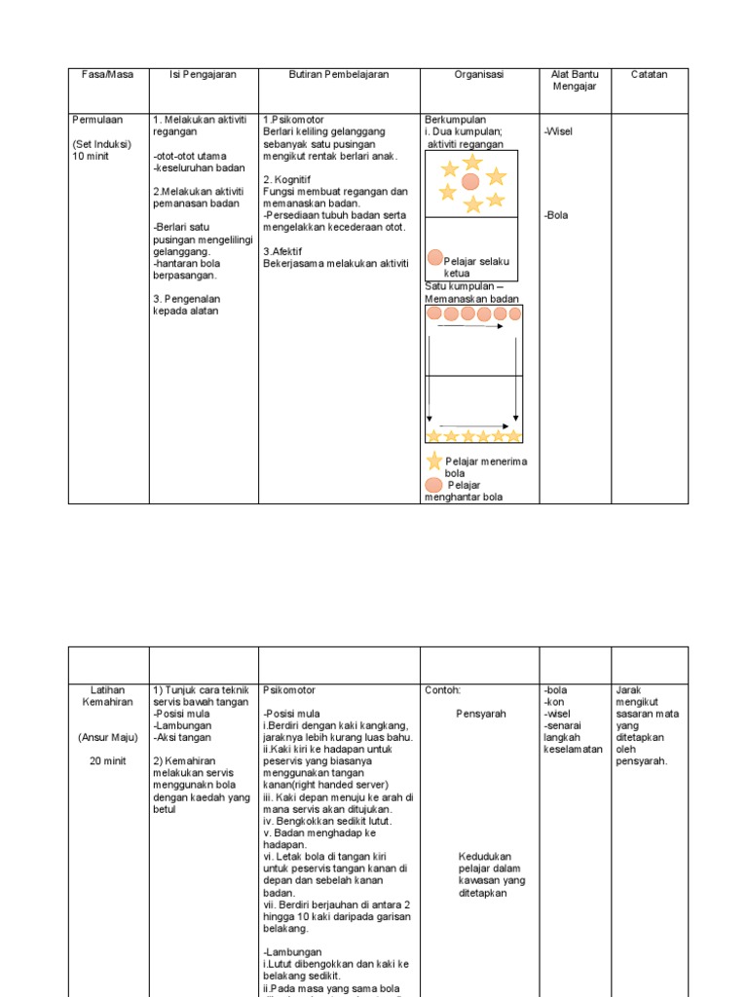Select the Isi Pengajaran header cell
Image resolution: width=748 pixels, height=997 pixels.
[203, 75]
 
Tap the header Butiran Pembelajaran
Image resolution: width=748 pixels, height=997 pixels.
[338, 75]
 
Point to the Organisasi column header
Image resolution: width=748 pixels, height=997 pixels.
[478, 75]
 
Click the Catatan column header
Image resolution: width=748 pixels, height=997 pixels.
[649, 75]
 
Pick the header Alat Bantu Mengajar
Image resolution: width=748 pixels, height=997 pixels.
[575, 81]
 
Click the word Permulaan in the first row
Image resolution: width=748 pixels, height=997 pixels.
[98, 120]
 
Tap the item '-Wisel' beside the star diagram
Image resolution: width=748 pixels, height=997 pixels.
[559, 131]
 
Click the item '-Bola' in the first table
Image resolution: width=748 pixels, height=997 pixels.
[557, 215]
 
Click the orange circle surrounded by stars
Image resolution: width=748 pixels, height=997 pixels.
[470, 182]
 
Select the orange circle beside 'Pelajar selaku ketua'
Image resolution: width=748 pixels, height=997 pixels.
[435, 258]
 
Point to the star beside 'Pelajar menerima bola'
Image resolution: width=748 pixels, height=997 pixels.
[434, 462]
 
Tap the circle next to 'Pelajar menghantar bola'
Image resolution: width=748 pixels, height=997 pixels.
[434, 485]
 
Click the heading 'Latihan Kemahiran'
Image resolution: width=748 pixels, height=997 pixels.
[107, 696]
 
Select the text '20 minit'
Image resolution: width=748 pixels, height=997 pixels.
[107, 761]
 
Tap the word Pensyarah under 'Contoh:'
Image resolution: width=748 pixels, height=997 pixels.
[481, 714]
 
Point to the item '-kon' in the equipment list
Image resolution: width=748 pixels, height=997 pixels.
[554, 702]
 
